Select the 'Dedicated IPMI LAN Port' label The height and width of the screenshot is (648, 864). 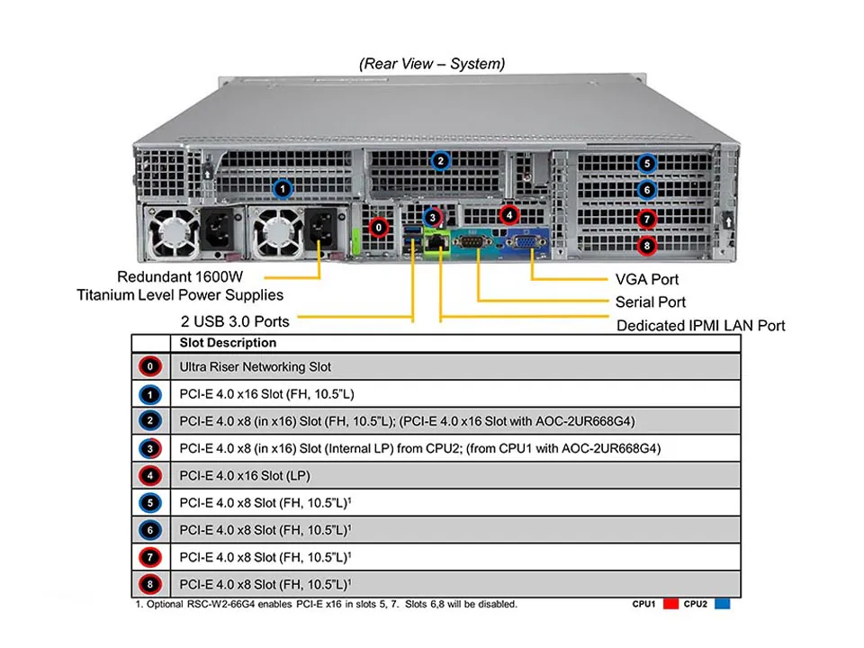[700, 326]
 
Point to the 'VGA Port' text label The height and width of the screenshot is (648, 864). [647, 280]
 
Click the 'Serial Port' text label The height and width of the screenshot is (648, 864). [651, 302]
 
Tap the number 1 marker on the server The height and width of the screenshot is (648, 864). [283, 188]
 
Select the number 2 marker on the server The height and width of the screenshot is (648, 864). [440, 162]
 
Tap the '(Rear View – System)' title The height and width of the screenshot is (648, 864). [432, 64]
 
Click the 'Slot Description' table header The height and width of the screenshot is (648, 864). [228, 343]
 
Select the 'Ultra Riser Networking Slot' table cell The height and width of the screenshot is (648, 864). [256, 366]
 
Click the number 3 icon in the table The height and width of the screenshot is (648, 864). [151, 447]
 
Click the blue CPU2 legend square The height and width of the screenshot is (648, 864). [722, 605]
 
